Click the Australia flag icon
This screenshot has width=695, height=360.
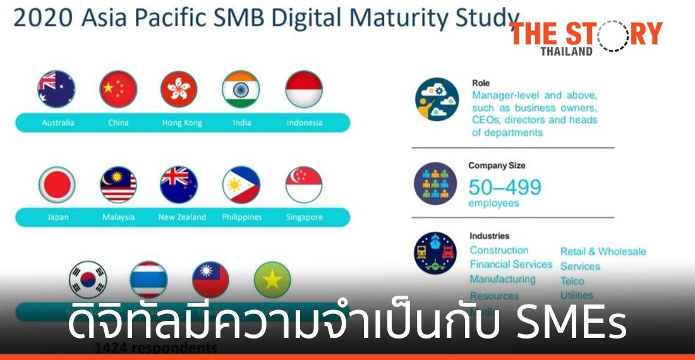(56, 89)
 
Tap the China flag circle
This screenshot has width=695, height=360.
(118, 89)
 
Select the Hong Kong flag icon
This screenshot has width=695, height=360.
(179, 89)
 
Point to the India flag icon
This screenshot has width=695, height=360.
(241, 89)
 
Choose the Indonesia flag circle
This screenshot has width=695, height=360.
(304, 89)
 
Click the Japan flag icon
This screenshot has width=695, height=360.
(57, 185)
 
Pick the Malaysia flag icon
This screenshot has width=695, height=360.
(118, 185)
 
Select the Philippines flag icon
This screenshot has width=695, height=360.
(241, 185)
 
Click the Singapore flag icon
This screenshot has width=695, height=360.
(304, 185)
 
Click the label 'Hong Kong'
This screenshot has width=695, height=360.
(182, 123)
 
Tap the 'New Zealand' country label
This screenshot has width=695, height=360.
(182, 217)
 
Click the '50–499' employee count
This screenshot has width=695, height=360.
(505, 187)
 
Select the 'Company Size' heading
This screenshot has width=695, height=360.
(497, 165)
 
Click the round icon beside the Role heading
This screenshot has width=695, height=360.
(437, 99)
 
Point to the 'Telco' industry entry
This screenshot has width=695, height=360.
(572, 281)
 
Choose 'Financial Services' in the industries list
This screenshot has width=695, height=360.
(511, 265)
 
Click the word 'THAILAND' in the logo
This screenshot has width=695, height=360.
(567, 51)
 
